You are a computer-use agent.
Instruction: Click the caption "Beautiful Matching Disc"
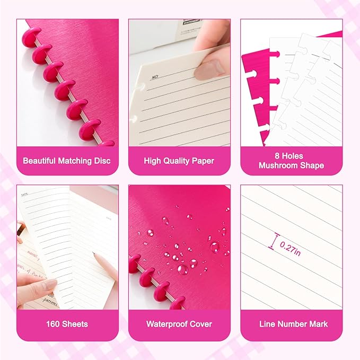click(x=67, y=161)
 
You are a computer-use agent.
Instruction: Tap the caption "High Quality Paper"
click(x=179, y=161)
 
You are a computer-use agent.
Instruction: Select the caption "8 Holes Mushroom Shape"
click(x=291, y=161)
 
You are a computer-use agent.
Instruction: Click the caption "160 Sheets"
click(x=67, y=323)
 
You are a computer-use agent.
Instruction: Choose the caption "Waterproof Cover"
click(x=179, y=323)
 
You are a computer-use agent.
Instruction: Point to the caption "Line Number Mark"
click(x=291, y=323)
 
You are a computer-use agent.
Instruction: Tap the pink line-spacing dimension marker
click(x=273, y=242)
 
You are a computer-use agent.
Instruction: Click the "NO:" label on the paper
click(x=155, y=77)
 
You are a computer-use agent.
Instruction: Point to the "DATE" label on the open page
click(x=24, y=195)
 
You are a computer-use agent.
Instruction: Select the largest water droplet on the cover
click(x=182, y=269)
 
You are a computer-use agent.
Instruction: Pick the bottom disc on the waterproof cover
click(x=178, y=303)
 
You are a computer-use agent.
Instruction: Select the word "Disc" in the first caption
click(x=101, y=161)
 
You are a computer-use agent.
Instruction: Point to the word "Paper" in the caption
click(x=203, y=161)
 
